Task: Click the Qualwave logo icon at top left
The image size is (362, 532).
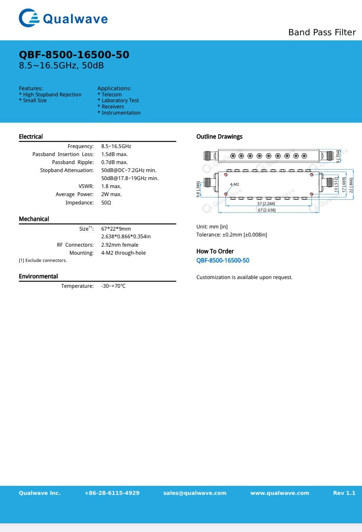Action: [x=29, y=18]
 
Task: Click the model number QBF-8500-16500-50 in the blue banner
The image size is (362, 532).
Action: [x=74, y=55]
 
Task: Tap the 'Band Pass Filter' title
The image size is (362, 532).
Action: [x=322, y=32]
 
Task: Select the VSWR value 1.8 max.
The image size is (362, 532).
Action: [x=111, y=186]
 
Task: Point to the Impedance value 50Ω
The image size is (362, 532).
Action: [x=106, y=203]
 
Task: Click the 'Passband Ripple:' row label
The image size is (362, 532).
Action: [x=73, y=162]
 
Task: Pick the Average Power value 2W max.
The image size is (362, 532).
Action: [x=111, y=194]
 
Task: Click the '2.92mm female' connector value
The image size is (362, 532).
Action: [x=120, y=245]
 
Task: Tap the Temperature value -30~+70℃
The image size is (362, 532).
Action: [x=113, y=286]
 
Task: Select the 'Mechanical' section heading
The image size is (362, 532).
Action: [x=34, y=219]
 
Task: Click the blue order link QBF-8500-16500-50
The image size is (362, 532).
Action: [x=223, y=261]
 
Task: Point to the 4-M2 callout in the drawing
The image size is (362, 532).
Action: [x=234, y=184]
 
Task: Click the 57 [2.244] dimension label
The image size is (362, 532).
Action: [x=266, y=203]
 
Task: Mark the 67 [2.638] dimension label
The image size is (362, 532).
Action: [x=266, y=210]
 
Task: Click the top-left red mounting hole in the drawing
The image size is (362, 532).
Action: [x=226, y=175]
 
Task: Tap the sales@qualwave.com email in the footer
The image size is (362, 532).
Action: [x=195, y=493]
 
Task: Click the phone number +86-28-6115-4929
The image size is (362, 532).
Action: [x=112, y=493]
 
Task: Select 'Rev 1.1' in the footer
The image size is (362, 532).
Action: [x=344, y=493]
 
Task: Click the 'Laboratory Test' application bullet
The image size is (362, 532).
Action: [x=120, y=100]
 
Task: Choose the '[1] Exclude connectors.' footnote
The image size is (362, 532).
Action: [x=43, y=261]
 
